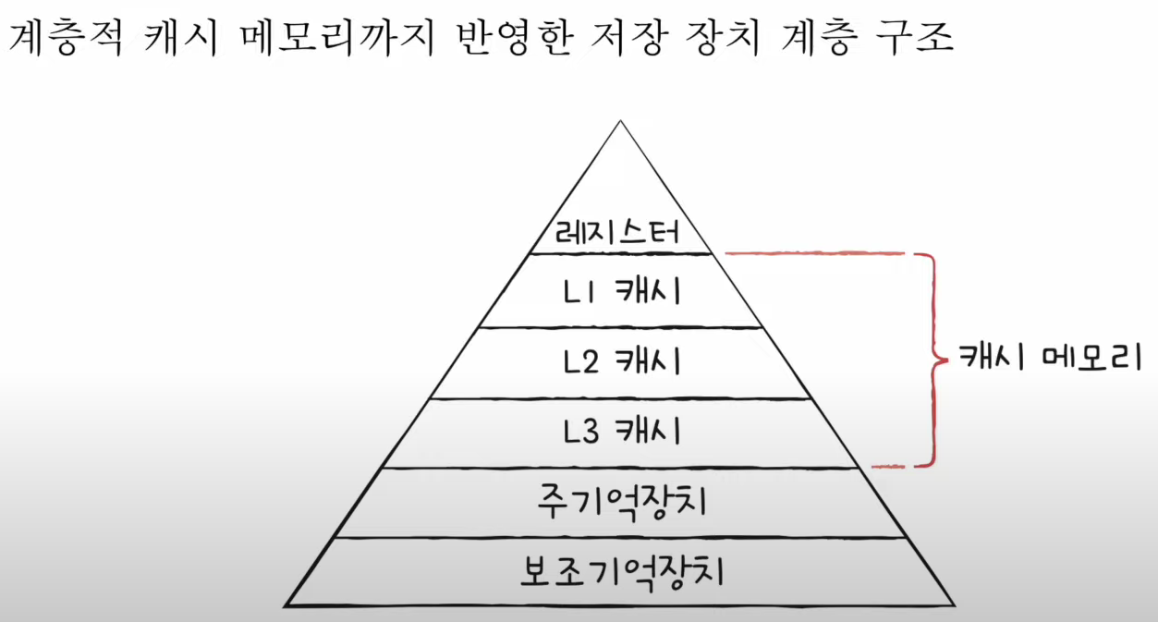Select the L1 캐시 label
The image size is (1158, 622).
pyautogui.click(x=620, y=291)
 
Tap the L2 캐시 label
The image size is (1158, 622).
pyautogui.click(x=620, y=361)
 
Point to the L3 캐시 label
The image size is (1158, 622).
pyautogui.click(x=620, y=431)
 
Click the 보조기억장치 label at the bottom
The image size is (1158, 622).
pyautogui.click(x=620, y=572)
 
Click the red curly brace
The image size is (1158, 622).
pyautogui.click(x=930, y=358)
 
